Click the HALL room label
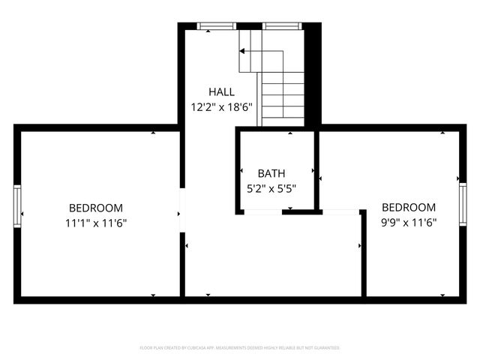coord(221,91)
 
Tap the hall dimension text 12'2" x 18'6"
coord(221,107)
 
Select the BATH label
coord(271,173)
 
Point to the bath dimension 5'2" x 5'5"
coord(271,188)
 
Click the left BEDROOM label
coord(95,208)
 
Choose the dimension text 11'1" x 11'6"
coord(95,223)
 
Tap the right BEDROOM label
coord(408,208)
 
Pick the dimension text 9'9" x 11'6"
coord(408,223)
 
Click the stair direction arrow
coord(243,51)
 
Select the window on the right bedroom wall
coord(462,204)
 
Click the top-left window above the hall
coord(215,26)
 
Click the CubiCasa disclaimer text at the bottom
coord(240,348)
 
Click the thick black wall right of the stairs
coord(313,75)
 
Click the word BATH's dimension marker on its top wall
coord(292,133)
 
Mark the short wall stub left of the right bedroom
coord(363,244)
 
